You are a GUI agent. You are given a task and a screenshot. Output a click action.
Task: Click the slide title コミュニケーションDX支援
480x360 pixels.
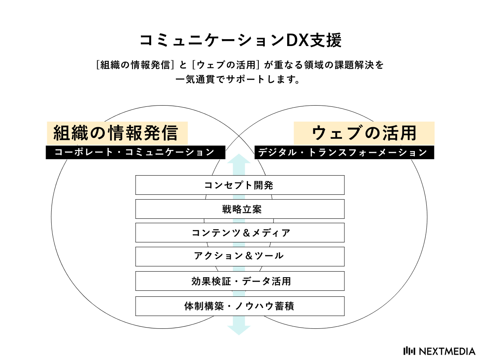240,40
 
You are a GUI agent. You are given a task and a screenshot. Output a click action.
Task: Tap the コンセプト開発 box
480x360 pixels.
240,185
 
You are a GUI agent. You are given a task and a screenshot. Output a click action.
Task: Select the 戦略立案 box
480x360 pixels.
240,209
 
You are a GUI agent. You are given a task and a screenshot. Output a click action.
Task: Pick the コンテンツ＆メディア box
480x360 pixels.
240,233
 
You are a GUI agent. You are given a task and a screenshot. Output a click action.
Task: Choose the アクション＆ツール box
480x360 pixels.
240,256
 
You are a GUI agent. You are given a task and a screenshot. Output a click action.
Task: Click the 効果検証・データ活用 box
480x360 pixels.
240,281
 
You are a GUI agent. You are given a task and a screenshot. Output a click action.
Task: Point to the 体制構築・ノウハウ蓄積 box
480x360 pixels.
240,306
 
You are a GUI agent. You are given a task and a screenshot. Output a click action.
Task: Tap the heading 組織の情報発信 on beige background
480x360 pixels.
117,133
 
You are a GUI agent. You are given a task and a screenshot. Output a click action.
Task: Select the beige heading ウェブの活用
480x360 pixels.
364,133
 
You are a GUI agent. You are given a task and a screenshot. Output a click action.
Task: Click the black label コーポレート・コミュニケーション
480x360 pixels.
136,152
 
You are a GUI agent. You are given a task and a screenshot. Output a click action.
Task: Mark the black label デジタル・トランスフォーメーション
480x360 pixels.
344,152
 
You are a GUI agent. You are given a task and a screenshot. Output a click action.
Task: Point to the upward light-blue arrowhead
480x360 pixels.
239,159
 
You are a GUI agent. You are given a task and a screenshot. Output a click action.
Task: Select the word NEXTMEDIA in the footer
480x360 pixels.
447,351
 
